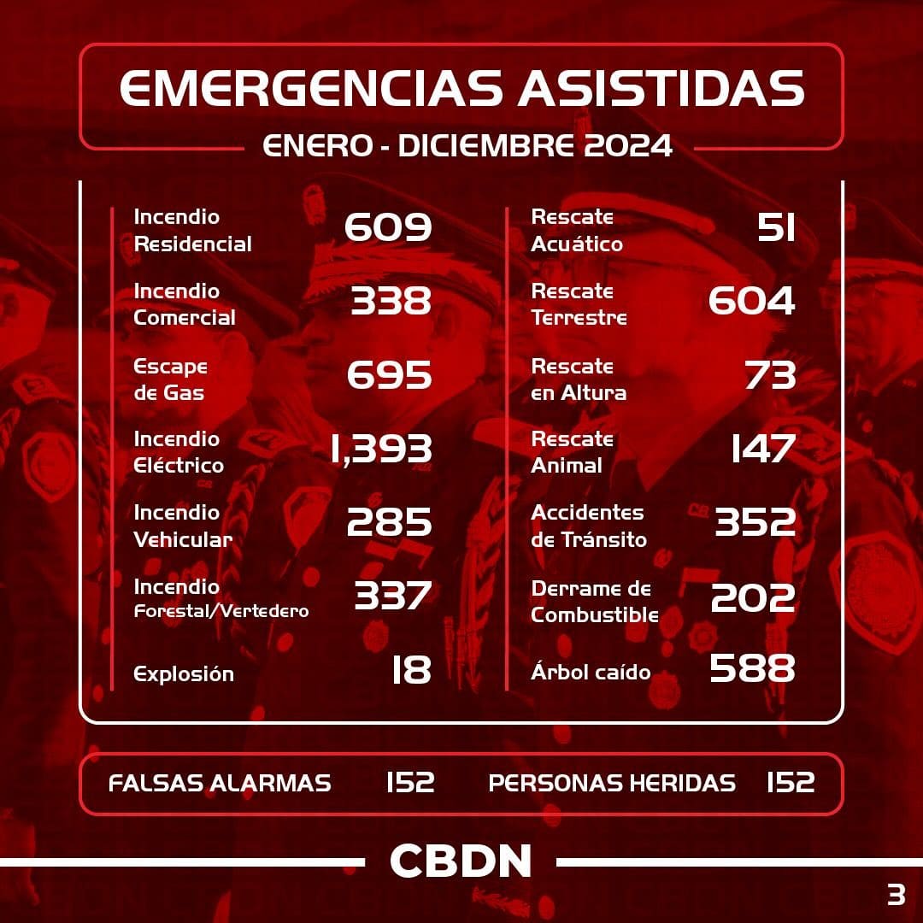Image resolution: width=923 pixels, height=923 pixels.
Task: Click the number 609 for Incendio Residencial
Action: (x=388, y=227)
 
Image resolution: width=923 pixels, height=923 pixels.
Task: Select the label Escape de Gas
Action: (x=171, y=379)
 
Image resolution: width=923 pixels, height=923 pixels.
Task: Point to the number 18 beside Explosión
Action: (x=411, y=671)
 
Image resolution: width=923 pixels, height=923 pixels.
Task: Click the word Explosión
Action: (x=184, y=673)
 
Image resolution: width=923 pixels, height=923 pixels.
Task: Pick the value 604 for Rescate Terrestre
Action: (x=752, y=301)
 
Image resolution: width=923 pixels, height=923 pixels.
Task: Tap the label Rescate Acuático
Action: (x=577, y=231)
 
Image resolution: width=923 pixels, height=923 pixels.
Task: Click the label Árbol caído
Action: (x=591, y=672)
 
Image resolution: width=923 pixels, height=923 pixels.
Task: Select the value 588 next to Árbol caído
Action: (x=752, y=669)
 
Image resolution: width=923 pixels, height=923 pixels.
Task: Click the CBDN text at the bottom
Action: (x=461, y=861)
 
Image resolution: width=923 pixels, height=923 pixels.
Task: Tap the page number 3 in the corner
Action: (x=896, y=895)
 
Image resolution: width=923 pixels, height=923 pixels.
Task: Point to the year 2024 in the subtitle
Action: (x=629, y=145)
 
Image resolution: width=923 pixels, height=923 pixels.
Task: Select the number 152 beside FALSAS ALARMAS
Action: (x=410, y=782)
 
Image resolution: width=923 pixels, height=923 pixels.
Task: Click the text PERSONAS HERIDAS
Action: (x=612, y=783)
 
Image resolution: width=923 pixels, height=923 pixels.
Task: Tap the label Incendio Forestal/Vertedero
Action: (x=221, y=598)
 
